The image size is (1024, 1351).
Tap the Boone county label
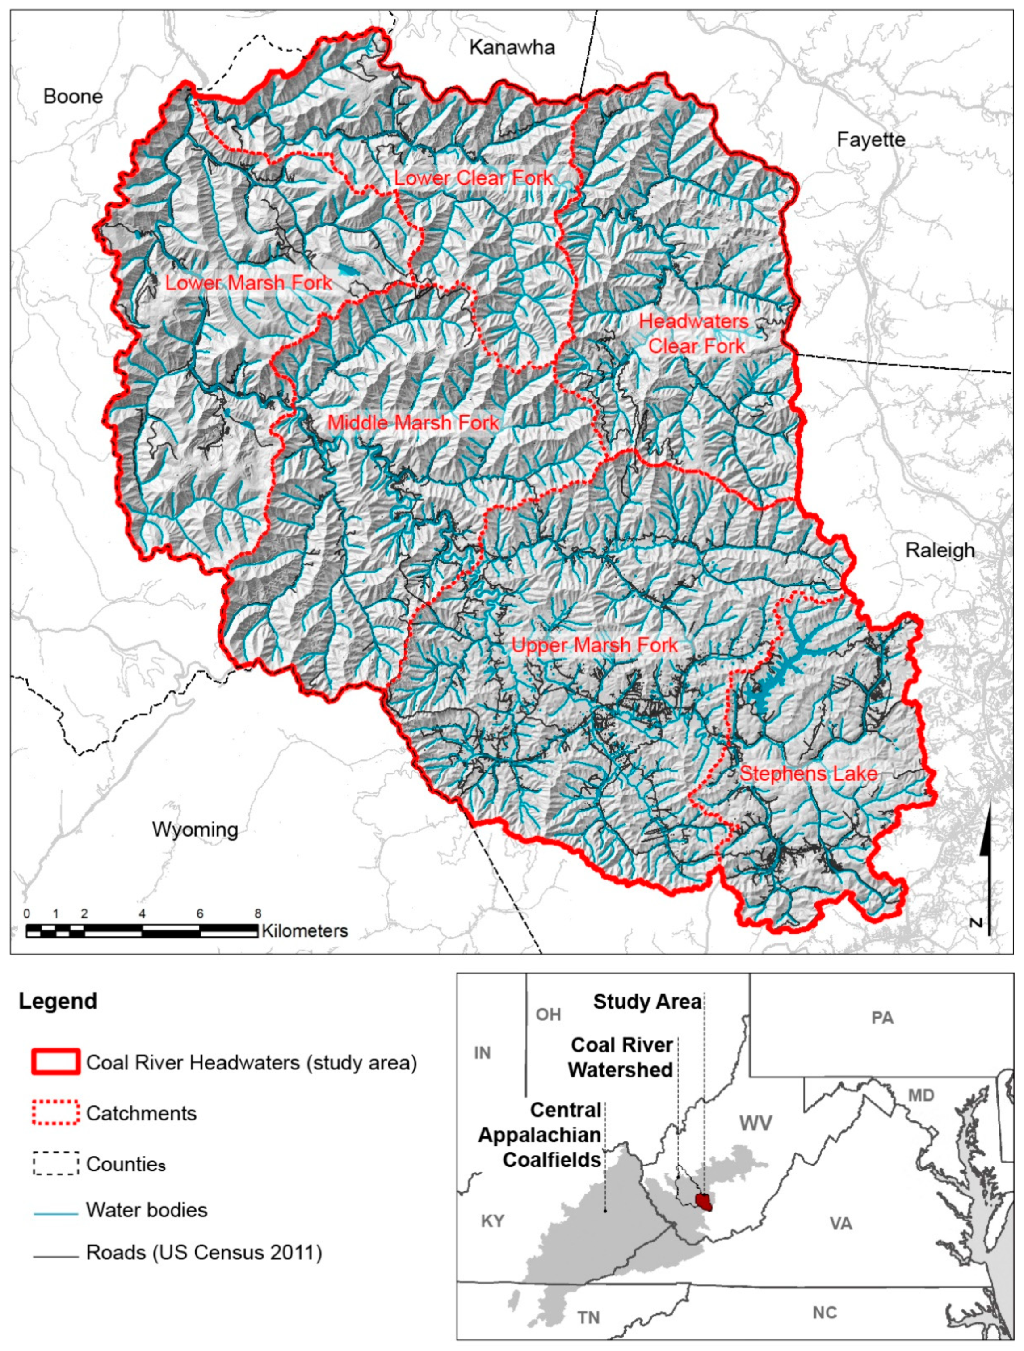click(x=73, y=96)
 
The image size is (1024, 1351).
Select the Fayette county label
click(x=870, y=140)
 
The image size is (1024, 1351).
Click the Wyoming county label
click(x=195, y=829)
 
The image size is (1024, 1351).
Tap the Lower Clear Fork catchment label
click(x=473, y=178)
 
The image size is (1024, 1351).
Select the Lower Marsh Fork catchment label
click(x=248, y=283)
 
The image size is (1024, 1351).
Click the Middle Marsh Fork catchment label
click(x=413, y=423)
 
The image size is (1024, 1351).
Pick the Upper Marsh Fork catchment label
click(x=594, y=645)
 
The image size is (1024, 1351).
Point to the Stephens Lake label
click(x=808, y=774)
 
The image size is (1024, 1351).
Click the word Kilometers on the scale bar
click(x=305, y=931)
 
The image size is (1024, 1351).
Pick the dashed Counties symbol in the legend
click(x=55, y=1163)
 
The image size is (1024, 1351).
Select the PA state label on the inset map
click(x=882, y=1018)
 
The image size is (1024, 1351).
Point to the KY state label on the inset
click(x=492, y=1221)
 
